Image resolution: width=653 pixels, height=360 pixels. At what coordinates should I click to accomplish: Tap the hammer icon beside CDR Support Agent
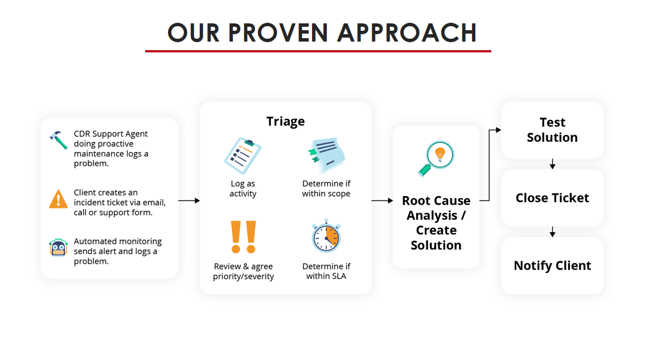click(x=58, y=140)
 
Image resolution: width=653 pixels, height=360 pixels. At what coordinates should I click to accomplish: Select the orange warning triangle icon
click(x=58, y=199)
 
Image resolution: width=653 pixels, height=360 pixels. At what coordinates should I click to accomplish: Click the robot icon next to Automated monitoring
click(x=58, y=247)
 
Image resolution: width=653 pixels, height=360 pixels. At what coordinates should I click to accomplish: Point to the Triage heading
click(x=286, y=121)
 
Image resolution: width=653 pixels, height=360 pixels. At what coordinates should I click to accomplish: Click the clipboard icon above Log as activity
click(x=243, y=156)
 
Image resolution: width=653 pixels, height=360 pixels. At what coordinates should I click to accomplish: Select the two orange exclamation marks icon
click(x=243, y=236)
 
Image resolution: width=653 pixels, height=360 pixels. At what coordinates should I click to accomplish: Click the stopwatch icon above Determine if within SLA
click(x=327, y=236)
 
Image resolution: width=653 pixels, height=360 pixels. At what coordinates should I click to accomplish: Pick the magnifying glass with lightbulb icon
click(x=436, y=159)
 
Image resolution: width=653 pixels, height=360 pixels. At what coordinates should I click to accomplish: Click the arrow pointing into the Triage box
click(x=189, y=201)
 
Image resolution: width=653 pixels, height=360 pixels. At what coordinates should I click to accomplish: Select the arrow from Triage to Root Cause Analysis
click(x=383, y=201)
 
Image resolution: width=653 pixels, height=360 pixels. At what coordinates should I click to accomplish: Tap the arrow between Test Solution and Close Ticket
click(x=553, y=163)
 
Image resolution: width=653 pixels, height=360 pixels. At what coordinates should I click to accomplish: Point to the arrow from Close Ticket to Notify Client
click(x=553, y=232)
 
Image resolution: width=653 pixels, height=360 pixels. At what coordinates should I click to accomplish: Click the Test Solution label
click(x=552, y=130)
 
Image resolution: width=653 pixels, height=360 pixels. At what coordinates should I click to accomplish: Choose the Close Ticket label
click(x=552, y=198)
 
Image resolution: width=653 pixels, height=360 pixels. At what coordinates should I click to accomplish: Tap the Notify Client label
click(x=552, y=265)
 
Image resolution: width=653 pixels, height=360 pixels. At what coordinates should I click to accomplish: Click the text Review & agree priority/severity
click(x=244, y=271)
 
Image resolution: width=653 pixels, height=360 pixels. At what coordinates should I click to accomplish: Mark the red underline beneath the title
click(x=318, y=51)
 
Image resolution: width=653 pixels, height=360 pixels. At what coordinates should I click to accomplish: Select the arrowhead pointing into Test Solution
click(x=498, y=130)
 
